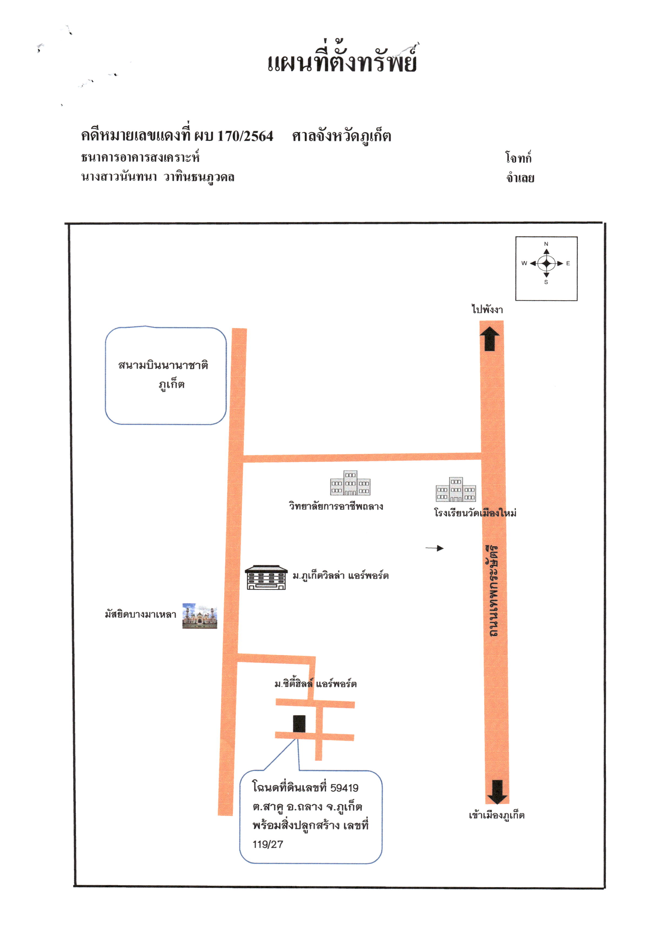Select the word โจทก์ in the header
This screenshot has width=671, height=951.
click(518, 158)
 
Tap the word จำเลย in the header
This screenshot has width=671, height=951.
click(520, 178)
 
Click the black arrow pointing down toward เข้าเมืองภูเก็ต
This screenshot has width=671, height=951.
click(497, 792)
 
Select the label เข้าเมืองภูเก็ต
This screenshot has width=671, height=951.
click(496, 815)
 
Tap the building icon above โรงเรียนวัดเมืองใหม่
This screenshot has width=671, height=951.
click(456, 489)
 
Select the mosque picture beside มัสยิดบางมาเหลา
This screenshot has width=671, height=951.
click(200, 616)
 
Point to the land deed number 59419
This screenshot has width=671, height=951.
click(344, 788)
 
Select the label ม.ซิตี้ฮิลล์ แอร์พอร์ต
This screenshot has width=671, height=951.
click(316, 684)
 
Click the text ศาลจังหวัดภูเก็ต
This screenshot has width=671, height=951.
click(342, 136)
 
